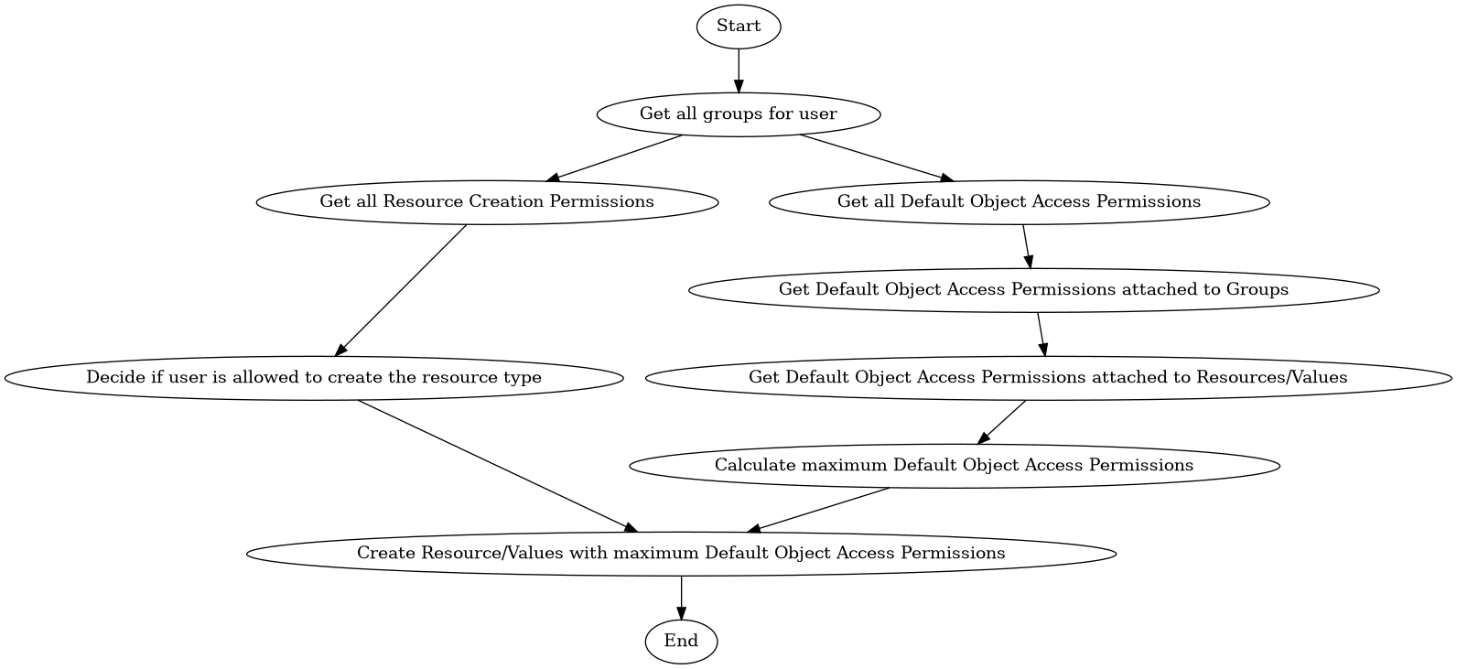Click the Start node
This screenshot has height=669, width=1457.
point(738,27)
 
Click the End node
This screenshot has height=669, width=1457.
point(681,641)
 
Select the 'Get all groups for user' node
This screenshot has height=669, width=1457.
point(738,114)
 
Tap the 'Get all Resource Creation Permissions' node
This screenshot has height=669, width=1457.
point(487,201)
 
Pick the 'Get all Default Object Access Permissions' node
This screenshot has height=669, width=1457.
point(1019,201)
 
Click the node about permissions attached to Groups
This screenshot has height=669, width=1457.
point(1033,290)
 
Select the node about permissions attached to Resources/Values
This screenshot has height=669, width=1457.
point(1048,377)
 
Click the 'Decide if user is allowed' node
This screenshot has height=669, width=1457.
point(313,377)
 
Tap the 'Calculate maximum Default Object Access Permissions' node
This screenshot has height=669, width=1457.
point(954,465)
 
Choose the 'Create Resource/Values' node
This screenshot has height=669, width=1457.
point(681,553)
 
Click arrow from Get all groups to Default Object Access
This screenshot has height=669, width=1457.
point(877,158)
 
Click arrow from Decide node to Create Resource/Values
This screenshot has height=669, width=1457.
point(495,465)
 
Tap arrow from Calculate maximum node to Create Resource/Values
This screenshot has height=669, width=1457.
point(819,510)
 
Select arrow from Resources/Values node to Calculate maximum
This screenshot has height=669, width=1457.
point(1002,422)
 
